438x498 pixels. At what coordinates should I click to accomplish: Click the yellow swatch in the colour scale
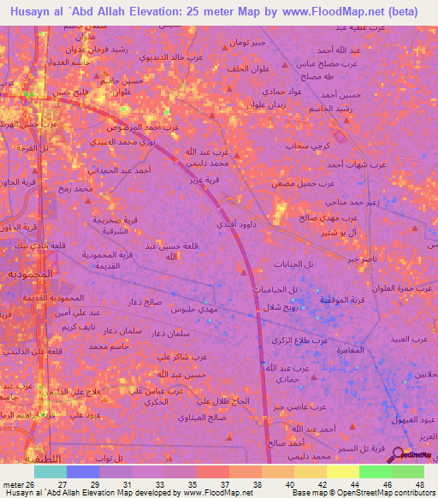(x=342, y=471)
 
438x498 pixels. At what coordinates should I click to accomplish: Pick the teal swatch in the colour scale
(x=50, y=471)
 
